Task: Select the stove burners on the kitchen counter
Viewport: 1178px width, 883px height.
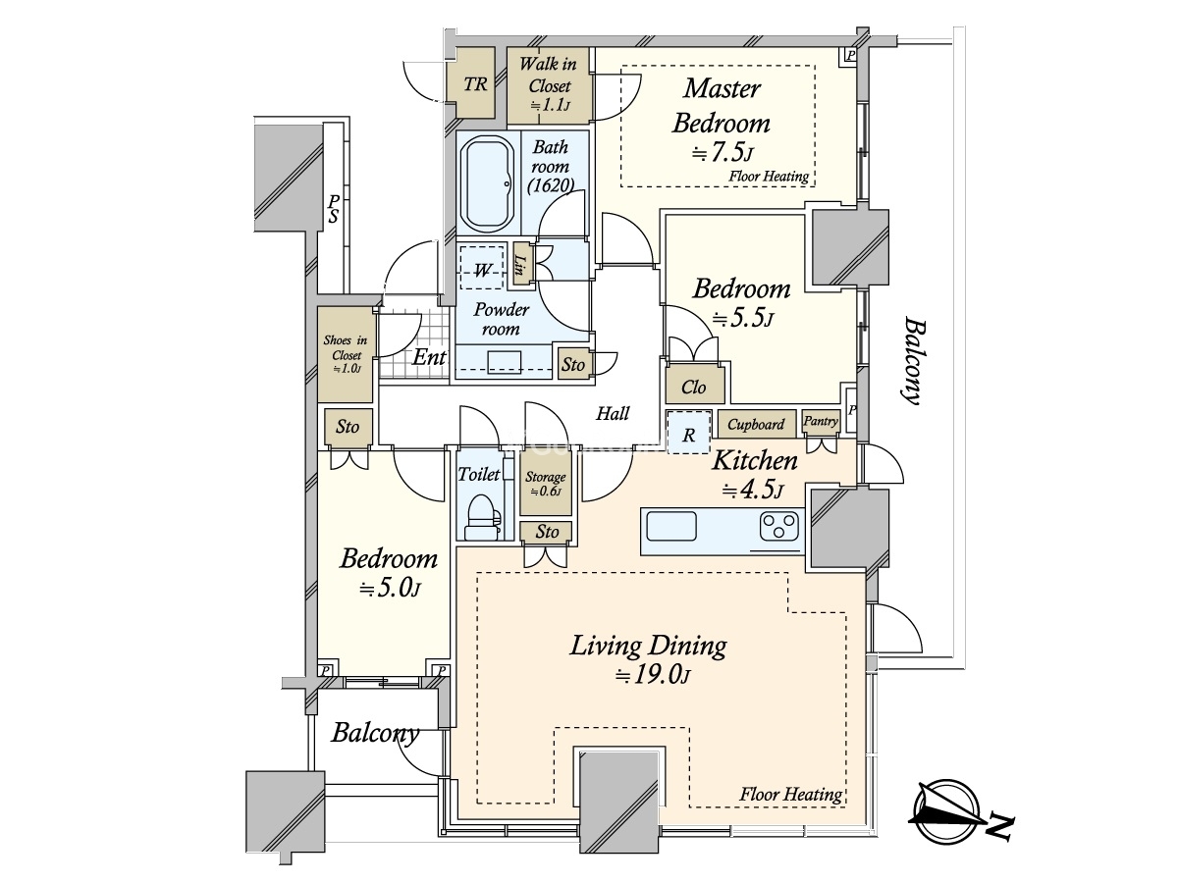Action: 778,526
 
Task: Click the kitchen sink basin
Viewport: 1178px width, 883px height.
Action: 671,526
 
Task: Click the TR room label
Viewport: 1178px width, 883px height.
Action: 475,84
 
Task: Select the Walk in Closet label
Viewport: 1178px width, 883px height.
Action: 549,75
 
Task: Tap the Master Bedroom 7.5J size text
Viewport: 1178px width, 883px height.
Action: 723,153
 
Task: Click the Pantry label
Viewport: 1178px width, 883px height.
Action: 821,422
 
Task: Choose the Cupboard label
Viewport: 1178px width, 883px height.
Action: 756,425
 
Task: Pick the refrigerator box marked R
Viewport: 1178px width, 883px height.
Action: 688,432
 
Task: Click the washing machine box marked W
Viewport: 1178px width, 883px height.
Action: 482,268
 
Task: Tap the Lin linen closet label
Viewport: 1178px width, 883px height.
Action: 519,265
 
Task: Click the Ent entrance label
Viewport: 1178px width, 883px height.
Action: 429,357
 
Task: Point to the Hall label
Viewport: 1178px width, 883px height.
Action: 613,413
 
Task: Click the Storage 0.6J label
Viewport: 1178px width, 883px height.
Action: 545,483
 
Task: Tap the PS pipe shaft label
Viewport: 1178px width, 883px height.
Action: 334,209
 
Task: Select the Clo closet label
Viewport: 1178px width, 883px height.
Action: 693,388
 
